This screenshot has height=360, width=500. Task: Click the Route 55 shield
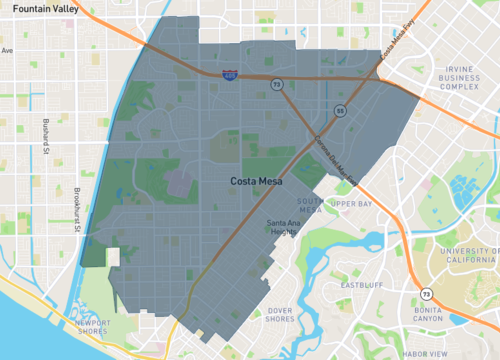(340, 111)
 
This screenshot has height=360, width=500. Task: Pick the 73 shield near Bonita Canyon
(427, 294)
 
